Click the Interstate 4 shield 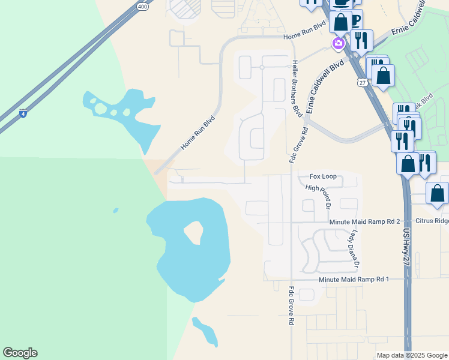(22, 113)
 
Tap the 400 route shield (142, 7)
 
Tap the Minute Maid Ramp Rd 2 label (364, 222)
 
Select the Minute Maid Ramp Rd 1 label (354, 280)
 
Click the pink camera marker (339, 43)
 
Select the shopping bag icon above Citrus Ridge (437, 194)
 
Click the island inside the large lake (194, 232)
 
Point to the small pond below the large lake (205, 332)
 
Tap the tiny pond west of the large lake (115, 210)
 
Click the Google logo (20, 353)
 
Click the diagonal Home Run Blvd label (197, 133)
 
